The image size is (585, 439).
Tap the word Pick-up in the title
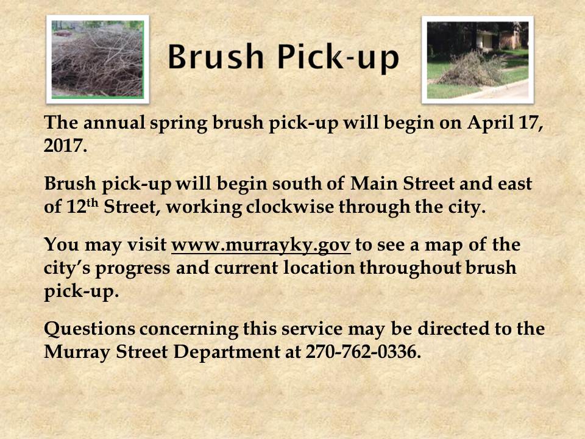pos(338,57)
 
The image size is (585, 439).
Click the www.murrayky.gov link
pos(261,245)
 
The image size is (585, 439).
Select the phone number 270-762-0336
pos(363,351)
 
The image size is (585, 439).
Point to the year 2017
pos(65,145)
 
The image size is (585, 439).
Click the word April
pos(490,123)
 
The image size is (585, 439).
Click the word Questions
pos(90,329)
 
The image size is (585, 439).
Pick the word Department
pos(227,352)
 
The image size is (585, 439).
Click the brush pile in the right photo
pos(471,70)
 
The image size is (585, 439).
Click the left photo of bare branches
pos(97,59)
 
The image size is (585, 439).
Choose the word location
pos(319,268)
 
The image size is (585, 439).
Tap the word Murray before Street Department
pos(77,352)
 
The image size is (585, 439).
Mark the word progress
pos(133,269)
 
